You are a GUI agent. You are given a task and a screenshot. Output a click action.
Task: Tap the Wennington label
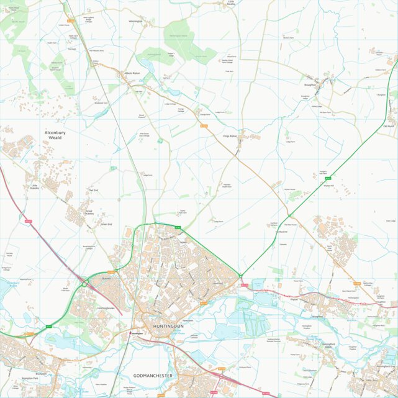pyautogui.click(x=135, y=21)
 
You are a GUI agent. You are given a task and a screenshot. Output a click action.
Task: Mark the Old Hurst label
pyautogui.click(x=389, y=126)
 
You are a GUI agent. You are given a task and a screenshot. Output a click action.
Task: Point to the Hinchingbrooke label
pyautogui.click(x=106, y=308)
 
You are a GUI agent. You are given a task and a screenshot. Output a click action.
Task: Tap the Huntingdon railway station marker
pyautogui.click(x=132, y=333)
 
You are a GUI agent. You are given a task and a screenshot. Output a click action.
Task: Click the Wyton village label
pyautogui.click(x=294, y=299)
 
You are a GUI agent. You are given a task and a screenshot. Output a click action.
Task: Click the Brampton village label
pyautogui.click(x=42, y=374)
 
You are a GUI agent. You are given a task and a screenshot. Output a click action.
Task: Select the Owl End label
pyautogui.click(x=94, y=190)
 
